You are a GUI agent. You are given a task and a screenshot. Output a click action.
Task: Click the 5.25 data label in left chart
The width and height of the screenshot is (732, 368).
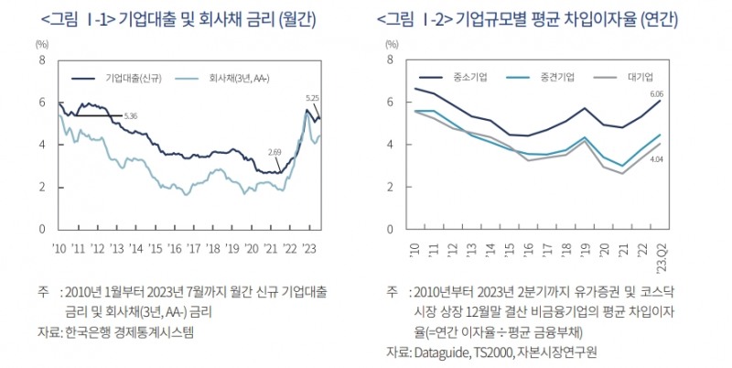312,97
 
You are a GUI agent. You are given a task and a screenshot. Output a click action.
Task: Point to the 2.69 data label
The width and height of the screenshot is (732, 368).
274,151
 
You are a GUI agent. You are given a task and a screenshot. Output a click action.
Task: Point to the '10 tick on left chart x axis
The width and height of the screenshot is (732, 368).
59,247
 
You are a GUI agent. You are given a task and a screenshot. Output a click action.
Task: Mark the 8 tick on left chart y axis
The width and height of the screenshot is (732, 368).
40,60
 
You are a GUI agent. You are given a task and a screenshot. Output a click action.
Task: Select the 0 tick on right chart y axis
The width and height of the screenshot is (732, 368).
391,229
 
